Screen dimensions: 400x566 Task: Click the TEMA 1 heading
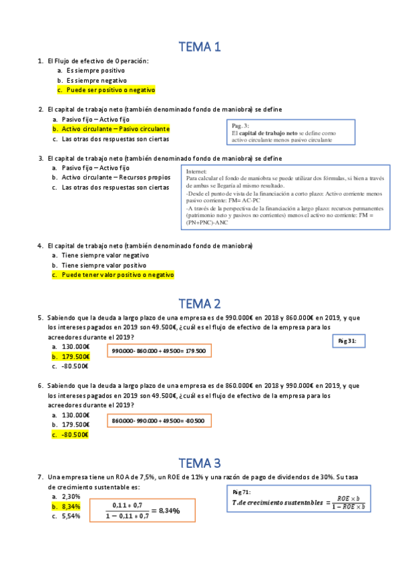200,47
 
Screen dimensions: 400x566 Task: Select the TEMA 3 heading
200,463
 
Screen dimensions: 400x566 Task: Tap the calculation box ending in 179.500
159,351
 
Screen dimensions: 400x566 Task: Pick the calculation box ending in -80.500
159,420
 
